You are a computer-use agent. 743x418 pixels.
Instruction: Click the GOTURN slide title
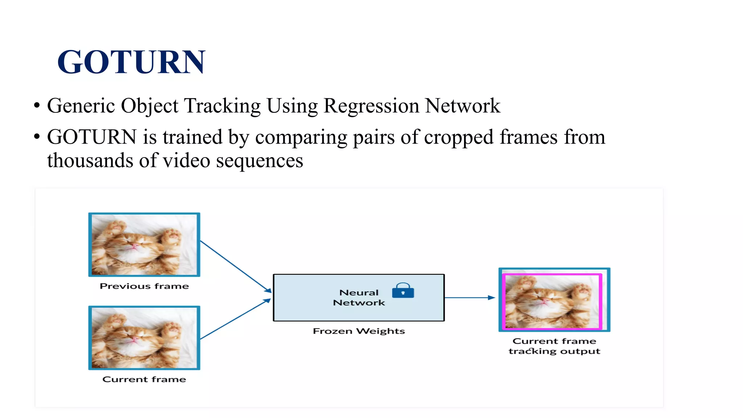click(131, 62)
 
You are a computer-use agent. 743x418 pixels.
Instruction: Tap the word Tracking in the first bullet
click(222, 106)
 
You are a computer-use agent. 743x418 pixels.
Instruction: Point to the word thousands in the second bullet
click(90, 160)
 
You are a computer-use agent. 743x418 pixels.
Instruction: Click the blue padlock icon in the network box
click(403, 291)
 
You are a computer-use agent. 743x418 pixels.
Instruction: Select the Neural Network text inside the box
click(359, 298)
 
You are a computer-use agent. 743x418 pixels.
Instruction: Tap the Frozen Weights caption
click(359, 331)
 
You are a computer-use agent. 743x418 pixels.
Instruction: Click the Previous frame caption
click(144, 286)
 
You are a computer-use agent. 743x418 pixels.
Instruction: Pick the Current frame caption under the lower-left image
click(144, 379)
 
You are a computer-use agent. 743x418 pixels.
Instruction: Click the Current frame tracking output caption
click(554, 346)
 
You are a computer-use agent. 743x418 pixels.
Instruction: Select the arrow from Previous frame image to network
click(236, 267)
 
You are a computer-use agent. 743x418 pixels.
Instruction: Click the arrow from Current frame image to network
click(236, 319)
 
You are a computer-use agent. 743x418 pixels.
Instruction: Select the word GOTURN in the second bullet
click(92, 137)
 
